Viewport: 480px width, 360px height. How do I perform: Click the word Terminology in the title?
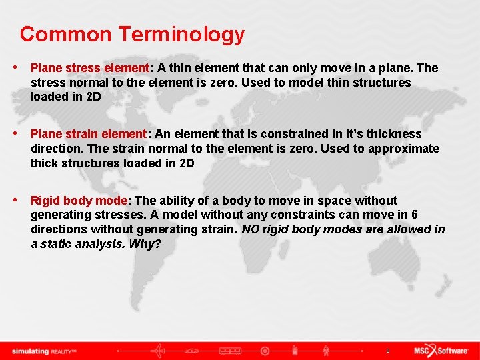point(182,35)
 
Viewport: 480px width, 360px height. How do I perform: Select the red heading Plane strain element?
point(89,134)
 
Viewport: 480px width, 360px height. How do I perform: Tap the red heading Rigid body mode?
point(79,201)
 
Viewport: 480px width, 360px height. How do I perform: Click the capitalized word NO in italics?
point(250,229)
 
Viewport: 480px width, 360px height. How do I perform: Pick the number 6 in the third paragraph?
point(415,215)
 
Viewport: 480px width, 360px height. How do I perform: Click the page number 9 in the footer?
point(387,351)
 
